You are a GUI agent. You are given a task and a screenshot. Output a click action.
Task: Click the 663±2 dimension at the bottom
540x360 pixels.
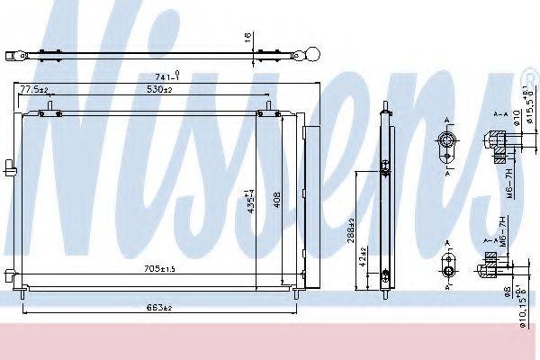click(158, 308)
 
